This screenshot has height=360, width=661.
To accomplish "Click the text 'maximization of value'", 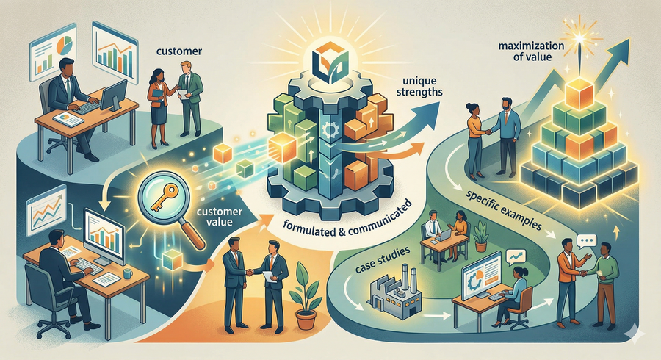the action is [x=531, y=51].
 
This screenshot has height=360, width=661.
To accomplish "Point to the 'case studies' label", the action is [x=383, y=258].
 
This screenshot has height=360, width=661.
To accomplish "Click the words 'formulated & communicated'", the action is [x=347, y=221].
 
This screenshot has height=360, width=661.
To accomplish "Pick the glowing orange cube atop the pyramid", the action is [x=579, y=93].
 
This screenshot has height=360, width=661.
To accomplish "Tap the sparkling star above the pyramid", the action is [x=580, y=39].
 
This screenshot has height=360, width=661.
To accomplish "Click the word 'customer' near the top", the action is [x=179, y=51].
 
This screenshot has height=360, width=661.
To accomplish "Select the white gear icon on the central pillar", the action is [x=328, y=129].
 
